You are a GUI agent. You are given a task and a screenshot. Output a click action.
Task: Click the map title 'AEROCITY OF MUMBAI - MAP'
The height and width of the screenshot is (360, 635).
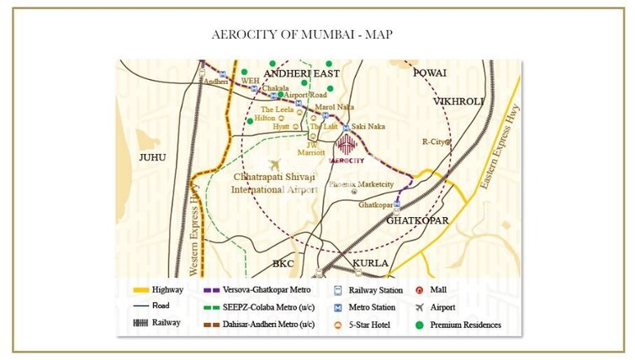(303, 34)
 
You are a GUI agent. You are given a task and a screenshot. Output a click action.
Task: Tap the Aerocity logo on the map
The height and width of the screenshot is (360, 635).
(347, 146)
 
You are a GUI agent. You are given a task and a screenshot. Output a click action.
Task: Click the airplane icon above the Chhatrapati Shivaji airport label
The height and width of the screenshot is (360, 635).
(273, 165)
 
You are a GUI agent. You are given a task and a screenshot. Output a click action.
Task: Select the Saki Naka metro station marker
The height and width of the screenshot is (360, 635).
(345, 127)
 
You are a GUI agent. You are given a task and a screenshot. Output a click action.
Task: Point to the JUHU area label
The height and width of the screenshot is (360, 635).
(152, 157)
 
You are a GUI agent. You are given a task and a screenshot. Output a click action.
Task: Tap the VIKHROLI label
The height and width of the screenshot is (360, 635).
(459, 101)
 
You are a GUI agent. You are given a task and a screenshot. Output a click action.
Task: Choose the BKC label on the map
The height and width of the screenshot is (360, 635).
(283, 263)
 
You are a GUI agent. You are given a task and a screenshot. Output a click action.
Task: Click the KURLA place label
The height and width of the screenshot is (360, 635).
(370, 263)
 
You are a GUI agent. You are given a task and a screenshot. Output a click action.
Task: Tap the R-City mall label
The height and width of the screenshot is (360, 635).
(435, 142)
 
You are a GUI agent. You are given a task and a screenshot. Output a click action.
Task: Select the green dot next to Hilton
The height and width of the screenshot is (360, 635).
(250, 120)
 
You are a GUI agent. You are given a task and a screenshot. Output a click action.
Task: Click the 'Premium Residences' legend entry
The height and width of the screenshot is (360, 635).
(465, 325)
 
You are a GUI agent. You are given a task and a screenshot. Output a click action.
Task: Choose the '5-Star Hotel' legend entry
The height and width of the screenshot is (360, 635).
(365, 325)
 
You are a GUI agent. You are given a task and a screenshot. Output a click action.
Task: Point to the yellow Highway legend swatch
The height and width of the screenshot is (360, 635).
(140, 290)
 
